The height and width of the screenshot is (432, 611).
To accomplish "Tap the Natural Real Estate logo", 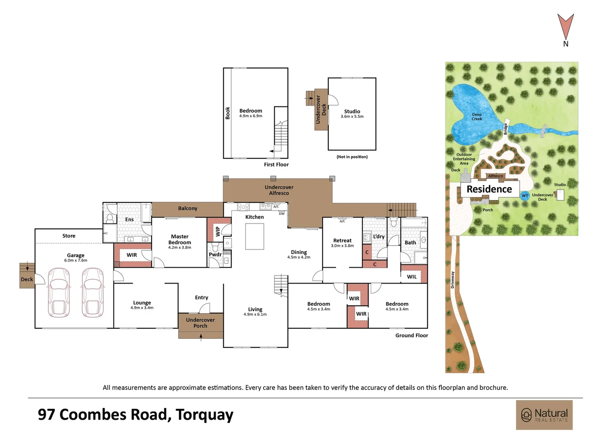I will tap(544, 415).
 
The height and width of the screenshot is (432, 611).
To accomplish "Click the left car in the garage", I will tap(59, 293).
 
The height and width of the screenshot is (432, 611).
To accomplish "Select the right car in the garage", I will tap(93, 293).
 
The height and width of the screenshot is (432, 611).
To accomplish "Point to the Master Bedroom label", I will tap(180, 240).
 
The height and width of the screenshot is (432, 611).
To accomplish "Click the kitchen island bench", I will tap(254, 236).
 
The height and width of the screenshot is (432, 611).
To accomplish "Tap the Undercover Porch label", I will tap(200, 323).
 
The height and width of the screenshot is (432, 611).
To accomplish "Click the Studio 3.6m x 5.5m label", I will tap(352, 114).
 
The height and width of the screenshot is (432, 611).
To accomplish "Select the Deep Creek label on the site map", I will tap(477, 117).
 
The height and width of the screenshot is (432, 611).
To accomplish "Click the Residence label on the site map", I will tap(489, 189).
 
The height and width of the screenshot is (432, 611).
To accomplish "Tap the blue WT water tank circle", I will tap(525, 196).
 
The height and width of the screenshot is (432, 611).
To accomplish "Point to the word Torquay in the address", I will tap(204, 415).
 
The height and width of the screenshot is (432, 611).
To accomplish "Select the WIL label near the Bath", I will tap(411, 277).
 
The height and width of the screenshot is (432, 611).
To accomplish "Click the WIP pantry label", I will tap(218, 232).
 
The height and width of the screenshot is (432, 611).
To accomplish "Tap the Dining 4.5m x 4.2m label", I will tap(299, 254).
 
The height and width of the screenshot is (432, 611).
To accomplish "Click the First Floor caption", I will tap(276, 164).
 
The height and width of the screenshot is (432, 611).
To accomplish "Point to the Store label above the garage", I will tap(69, 236).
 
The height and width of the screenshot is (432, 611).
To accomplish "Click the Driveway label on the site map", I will tap(453, 280).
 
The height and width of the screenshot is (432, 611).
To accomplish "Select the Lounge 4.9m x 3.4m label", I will tap(142, 305).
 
